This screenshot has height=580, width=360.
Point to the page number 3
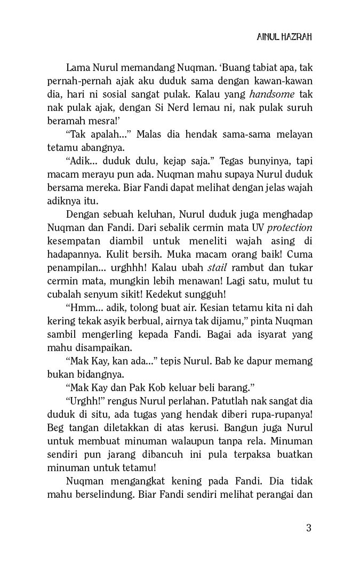click(x=309, y=528)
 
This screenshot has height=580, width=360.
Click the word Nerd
click(x=171, y=108)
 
